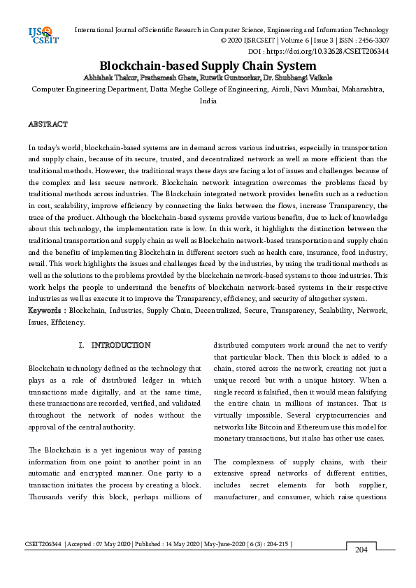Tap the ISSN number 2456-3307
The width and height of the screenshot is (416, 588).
pos(371,41)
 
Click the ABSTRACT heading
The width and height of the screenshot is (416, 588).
pos(48,124)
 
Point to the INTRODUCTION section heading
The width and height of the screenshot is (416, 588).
pos(121,345)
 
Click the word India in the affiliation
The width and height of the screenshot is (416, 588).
pos(208,101)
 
